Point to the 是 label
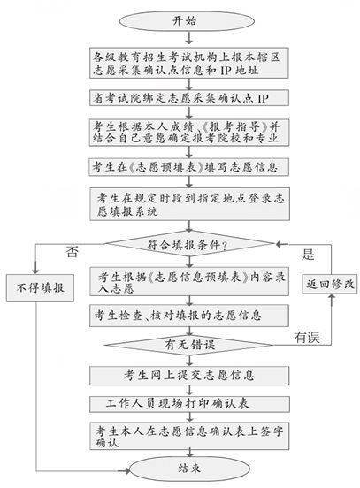(308, 254)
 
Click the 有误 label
(307, 336)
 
